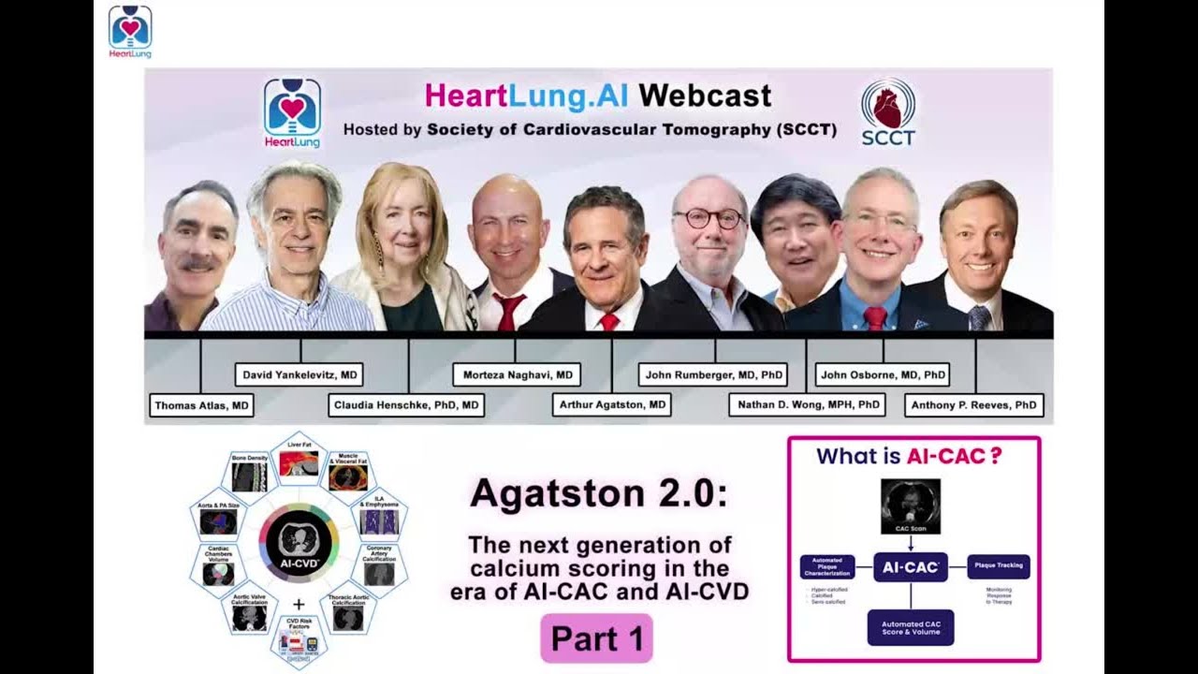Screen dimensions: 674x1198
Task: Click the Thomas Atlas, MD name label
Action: coord(201,405)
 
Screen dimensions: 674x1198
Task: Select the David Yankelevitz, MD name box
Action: coord(299,375)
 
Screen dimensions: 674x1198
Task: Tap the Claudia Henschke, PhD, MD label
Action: coord(406,405)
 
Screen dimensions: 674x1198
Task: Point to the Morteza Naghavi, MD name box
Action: coord(518,375)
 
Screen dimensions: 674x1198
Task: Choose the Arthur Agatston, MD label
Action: coord(611,405)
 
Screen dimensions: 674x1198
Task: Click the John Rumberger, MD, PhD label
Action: coord(713,375)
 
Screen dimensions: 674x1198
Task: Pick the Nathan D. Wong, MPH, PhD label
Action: coord(806,405)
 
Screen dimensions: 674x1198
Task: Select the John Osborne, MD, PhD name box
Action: coord(884,375)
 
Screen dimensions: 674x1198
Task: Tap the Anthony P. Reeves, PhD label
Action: coord(974,405)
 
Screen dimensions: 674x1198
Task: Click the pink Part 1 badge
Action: coord(596,638)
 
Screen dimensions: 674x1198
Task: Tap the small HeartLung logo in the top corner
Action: coord(130,31)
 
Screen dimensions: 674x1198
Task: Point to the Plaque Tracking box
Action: coord(999,566)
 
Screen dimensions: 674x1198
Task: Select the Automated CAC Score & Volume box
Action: coord(911,627)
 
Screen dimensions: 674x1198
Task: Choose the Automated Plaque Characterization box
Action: coord(827,566)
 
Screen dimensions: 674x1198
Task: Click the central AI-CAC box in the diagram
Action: coord(911,566)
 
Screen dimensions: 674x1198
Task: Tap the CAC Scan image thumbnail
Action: coord(911,506)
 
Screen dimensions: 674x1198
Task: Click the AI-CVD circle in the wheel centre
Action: coord(299,543)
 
